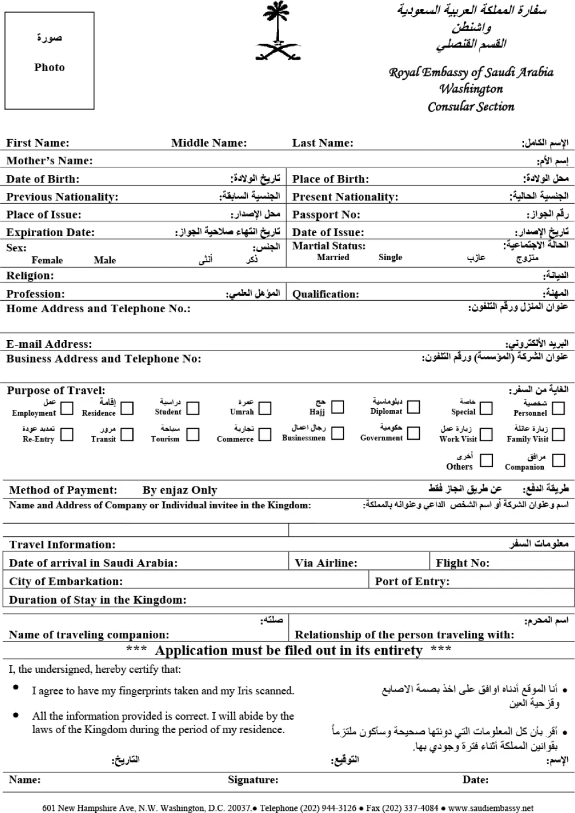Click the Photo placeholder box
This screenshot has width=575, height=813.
coord(49,60)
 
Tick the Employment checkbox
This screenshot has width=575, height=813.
coord(67,408)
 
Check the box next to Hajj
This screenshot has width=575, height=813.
coord(338,407)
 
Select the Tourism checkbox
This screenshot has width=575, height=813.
coord(193,434)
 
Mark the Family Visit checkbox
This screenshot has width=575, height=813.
coord(558,434)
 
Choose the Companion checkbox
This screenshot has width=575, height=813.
coord(559,460)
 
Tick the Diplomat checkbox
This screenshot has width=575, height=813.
coord(413,407)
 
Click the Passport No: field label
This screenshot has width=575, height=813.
coord(326,215)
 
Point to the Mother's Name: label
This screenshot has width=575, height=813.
coord(49,161)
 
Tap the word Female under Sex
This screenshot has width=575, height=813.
coord(47,260)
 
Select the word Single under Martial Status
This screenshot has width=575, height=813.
coord(390,257)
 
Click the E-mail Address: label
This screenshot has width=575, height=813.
coord(49,345)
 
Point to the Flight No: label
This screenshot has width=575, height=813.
coord(463,563)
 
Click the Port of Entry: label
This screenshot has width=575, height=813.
coord(412,582)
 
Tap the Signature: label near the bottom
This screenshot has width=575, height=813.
coord(253,780)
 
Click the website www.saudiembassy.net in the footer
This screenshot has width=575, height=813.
coord(491,808)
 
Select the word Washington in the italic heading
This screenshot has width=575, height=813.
coord(471,89)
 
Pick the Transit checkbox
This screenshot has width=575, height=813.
coord(127,434)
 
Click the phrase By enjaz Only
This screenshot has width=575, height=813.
coord(180,490)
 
